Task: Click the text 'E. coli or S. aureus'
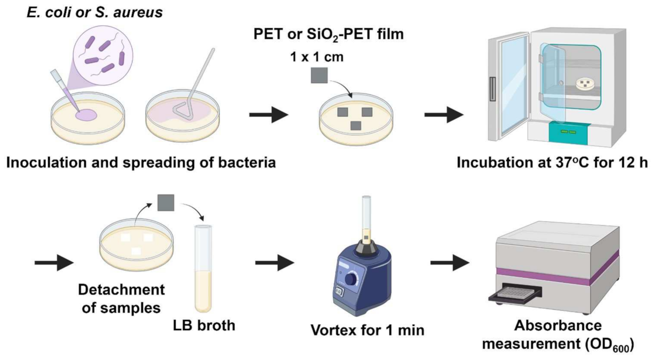(x=95, y=12)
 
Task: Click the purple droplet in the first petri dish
(x=86, y=115)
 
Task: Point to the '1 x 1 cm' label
(x=317, y=57)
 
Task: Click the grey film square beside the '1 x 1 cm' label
(x=319, y=75)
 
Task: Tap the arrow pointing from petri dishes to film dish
(x=268, y=115)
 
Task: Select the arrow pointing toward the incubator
(x=443, y=115)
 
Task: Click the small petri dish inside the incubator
(x=585, y=84)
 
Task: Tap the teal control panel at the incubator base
(x=568, y=132)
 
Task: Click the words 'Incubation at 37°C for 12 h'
(x=552, y=162)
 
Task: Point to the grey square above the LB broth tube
(x=166, y=202)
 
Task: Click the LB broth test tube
(x=203, y=269)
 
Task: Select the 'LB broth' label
(x=204, y=325)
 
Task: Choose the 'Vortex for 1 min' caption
(x=367, y=330)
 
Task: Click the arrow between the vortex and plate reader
(x=449, y=263)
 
